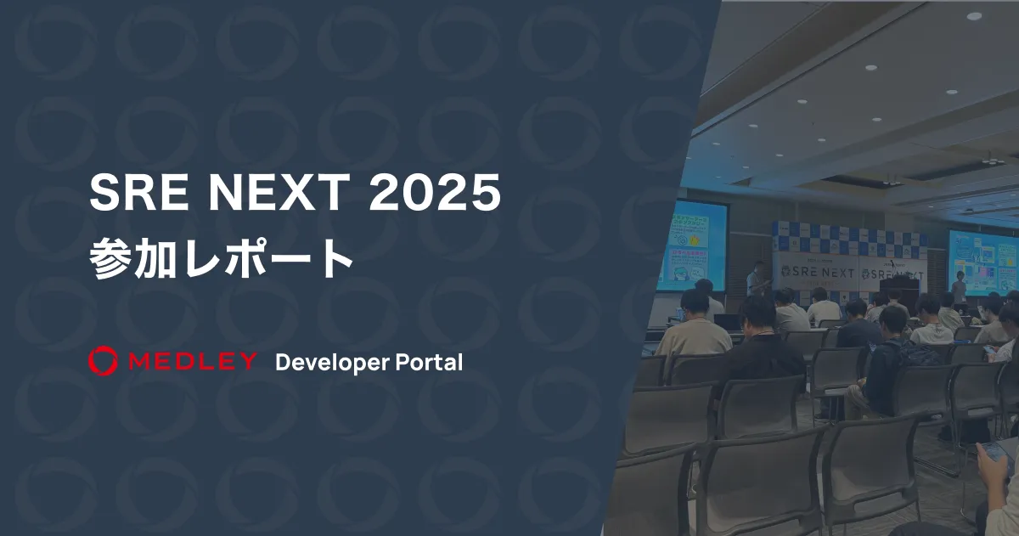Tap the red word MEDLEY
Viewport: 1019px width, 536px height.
(x=193, y=361)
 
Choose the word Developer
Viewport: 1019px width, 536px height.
(x=332, y=363)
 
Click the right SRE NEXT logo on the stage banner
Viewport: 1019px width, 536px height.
(x=892, y=274)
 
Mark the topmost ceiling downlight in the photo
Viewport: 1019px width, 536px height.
(x=974, y=15)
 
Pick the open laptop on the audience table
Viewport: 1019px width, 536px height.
(x=727, y=322)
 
